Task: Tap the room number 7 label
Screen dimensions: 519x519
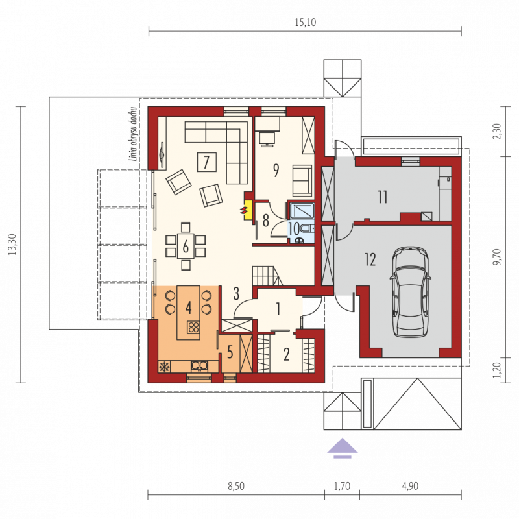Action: click(x=207, y=162)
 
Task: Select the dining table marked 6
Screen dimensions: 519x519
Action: click(x=186, y=247)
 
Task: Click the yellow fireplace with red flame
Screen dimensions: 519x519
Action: click(x=247, y=210)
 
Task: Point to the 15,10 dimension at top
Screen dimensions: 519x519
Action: click(x=305, y=22)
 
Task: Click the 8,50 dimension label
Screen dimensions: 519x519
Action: click(x=236, y=486)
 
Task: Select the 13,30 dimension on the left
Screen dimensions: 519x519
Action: click(x=12, y=245)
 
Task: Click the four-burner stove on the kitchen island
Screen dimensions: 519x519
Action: click(x=193, y=328)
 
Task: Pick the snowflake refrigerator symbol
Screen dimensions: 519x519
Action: click(x=164, y=367)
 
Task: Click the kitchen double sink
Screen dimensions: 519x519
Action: click(x=200, y=366)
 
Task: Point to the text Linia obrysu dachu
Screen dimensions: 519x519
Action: click(x=134, y=134)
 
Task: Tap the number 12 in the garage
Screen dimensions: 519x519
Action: click(x=370, y=259)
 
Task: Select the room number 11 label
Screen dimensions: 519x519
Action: click(x=382, y=197)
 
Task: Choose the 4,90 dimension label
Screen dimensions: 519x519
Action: click(x=410, y=486)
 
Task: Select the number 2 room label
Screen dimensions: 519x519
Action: click(x=287, y=354)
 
